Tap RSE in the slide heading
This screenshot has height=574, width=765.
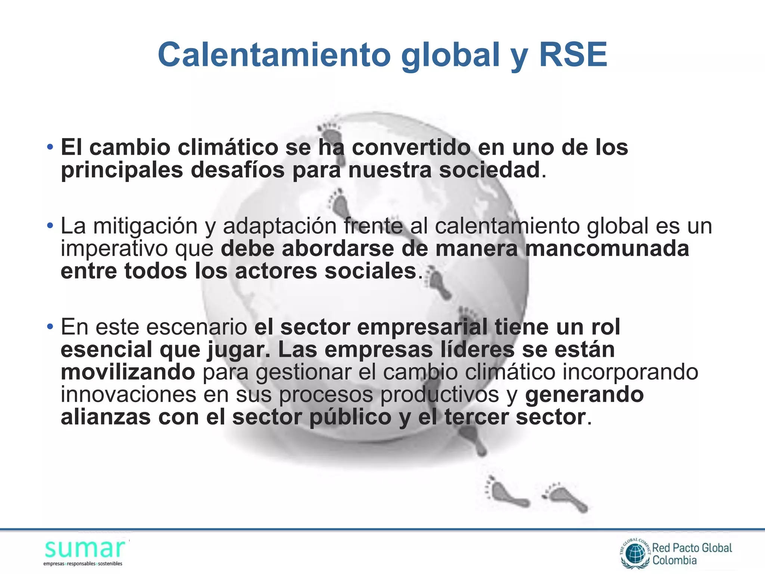pyautogui.click(x=573, y=55)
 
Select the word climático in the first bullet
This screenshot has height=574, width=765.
pyautogui.click(x=228, y=147)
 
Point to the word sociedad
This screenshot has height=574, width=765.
pyautogui.click(x=489, y=170)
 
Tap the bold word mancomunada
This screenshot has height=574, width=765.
pyautogui.click(x=607, y=249)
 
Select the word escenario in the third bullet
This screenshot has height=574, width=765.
pyautogui.click(x=196, y=327)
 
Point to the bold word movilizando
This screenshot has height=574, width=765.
pyautogui.click(x=128, y=372)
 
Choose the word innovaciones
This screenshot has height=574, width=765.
pyautogui.click(x=128, y=395)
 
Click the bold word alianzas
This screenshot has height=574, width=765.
pyautogui.click(x=106, y=417)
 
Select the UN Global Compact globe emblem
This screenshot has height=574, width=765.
pyautogui.click(x=635, y=553)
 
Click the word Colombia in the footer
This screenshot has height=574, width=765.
pyautogui.click(x=674, y=560)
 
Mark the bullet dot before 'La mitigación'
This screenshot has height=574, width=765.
pyautogui.click(x=50, y=226)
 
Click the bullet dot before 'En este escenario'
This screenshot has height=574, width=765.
pyautogui.click(x=50, y=327)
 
